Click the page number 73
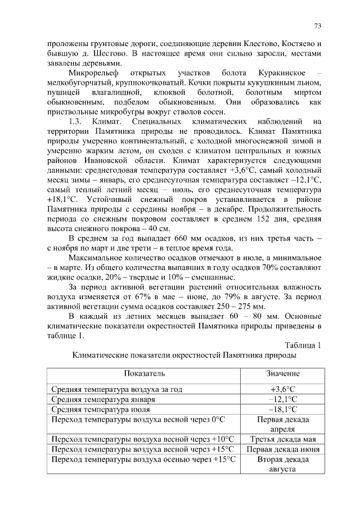(317, 26)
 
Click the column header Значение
(282, 373)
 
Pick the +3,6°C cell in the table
(282, 389)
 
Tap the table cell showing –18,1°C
(282, 409)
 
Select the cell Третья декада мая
(282, 439)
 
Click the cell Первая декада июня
(282, 449)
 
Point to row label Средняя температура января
(103, 399)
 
